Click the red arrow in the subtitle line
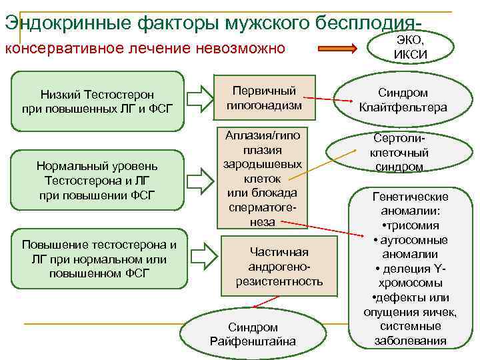click(339, 49)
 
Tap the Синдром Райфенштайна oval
click(253, 334)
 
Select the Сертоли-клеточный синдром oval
click(399, 152)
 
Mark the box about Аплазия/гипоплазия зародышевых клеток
click(262, 178)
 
